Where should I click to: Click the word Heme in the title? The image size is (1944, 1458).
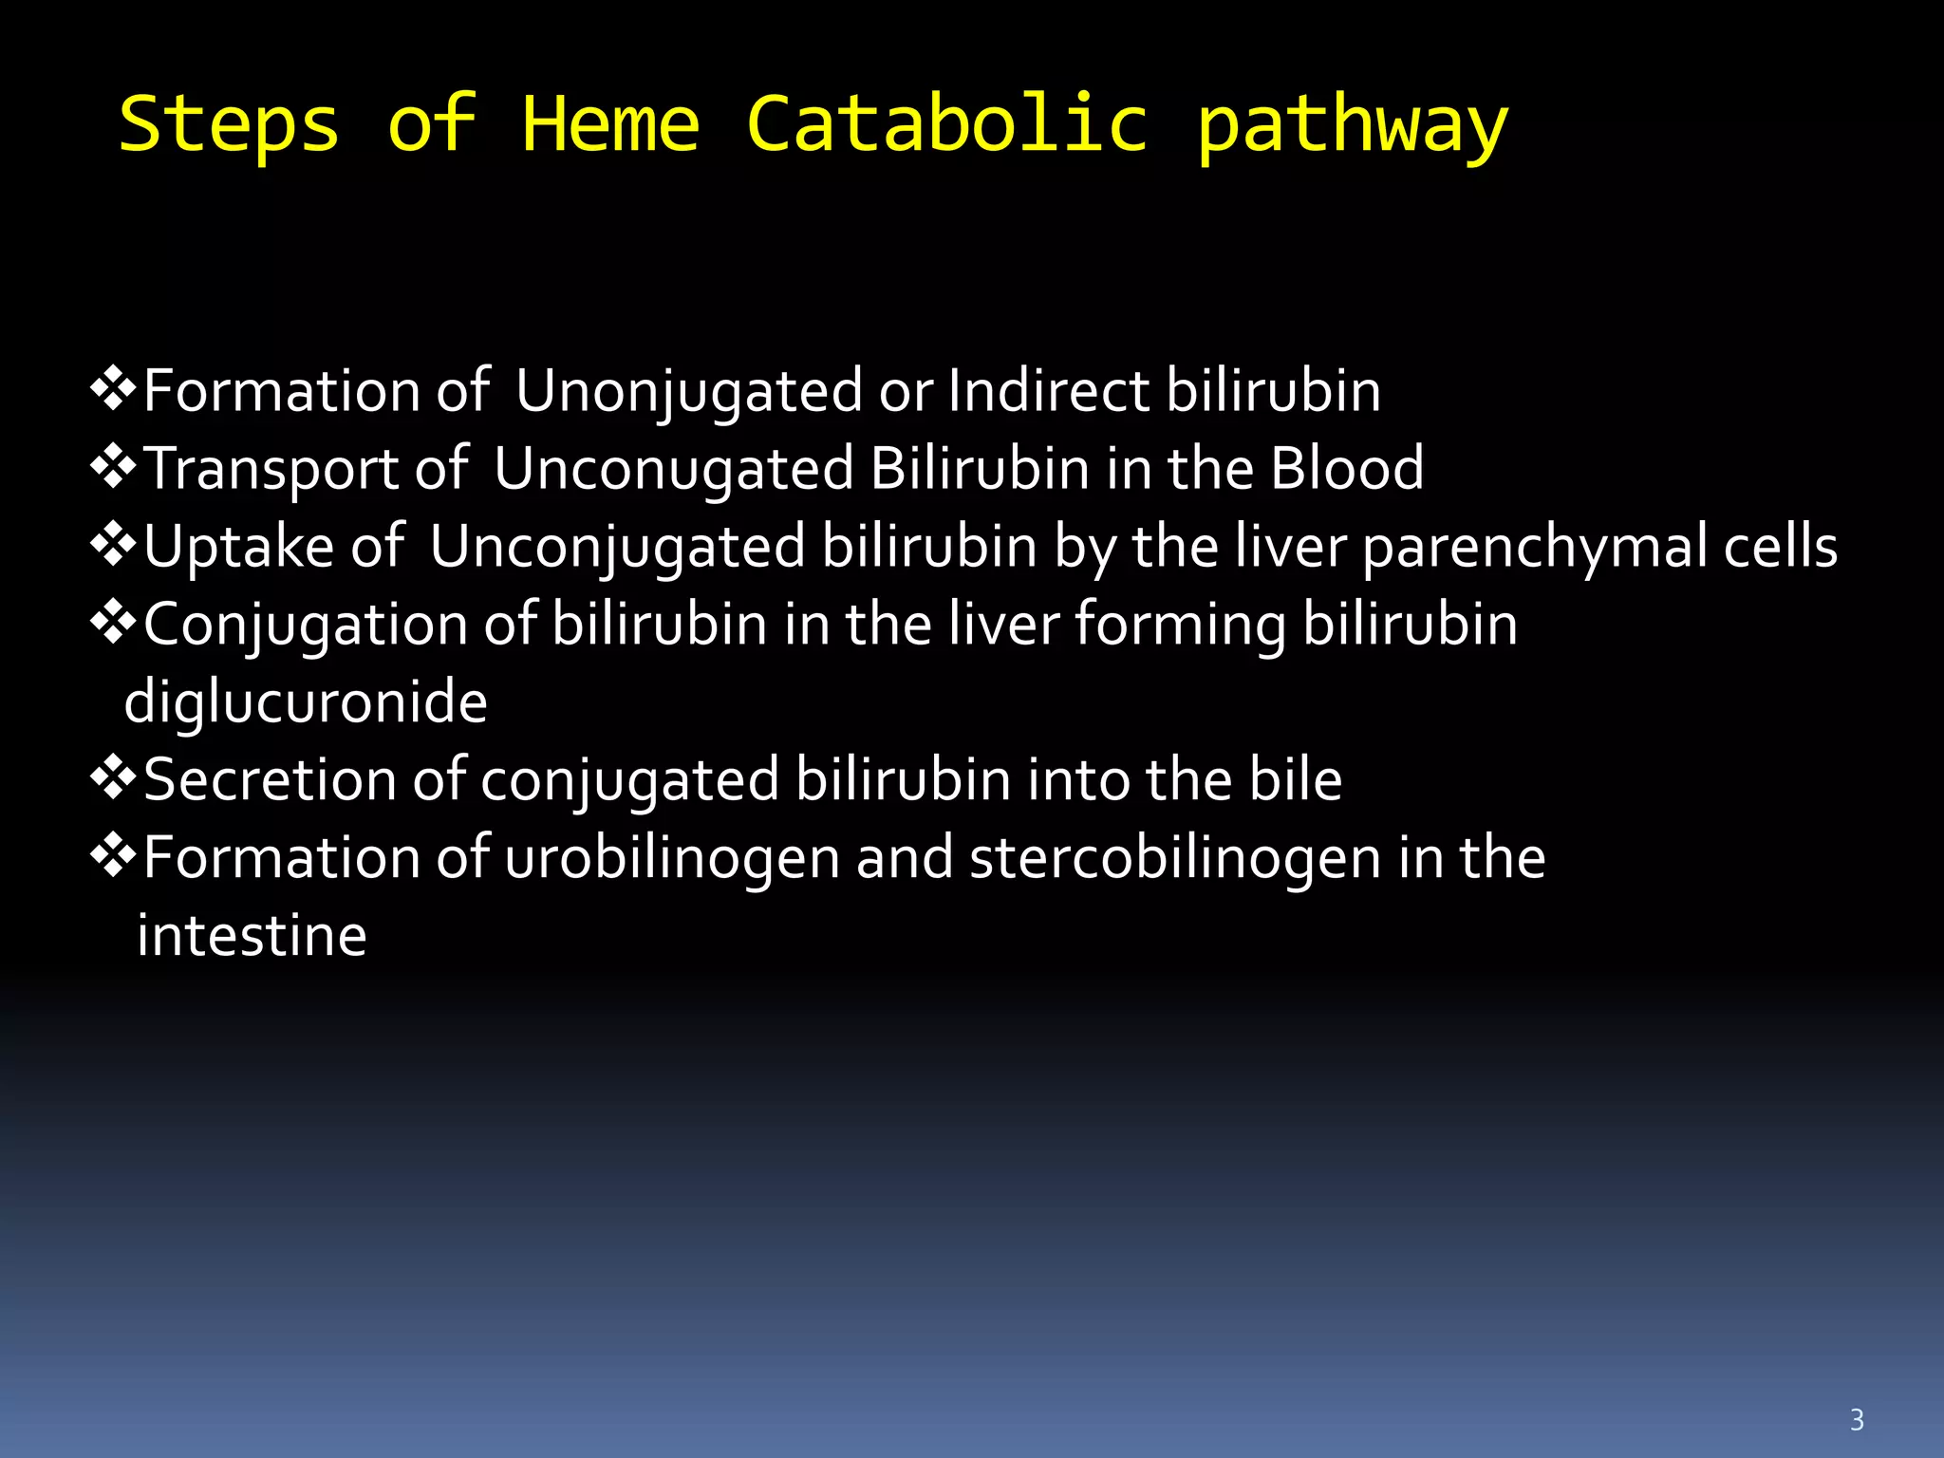(610, 124)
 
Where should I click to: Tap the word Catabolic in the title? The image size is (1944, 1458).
(946, 124)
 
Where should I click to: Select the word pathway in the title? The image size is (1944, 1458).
(1351, 128)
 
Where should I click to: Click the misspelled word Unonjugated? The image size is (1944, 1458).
(688, 391)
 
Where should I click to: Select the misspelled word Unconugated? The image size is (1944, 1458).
(673, 469)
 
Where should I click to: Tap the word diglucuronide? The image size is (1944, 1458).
(306, 702)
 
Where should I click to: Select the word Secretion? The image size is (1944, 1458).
(270, 780)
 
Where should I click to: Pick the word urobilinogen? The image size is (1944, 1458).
(672, 858)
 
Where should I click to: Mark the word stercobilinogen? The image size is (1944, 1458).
(1175, 858)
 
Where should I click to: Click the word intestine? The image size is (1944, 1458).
(252, 936)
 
